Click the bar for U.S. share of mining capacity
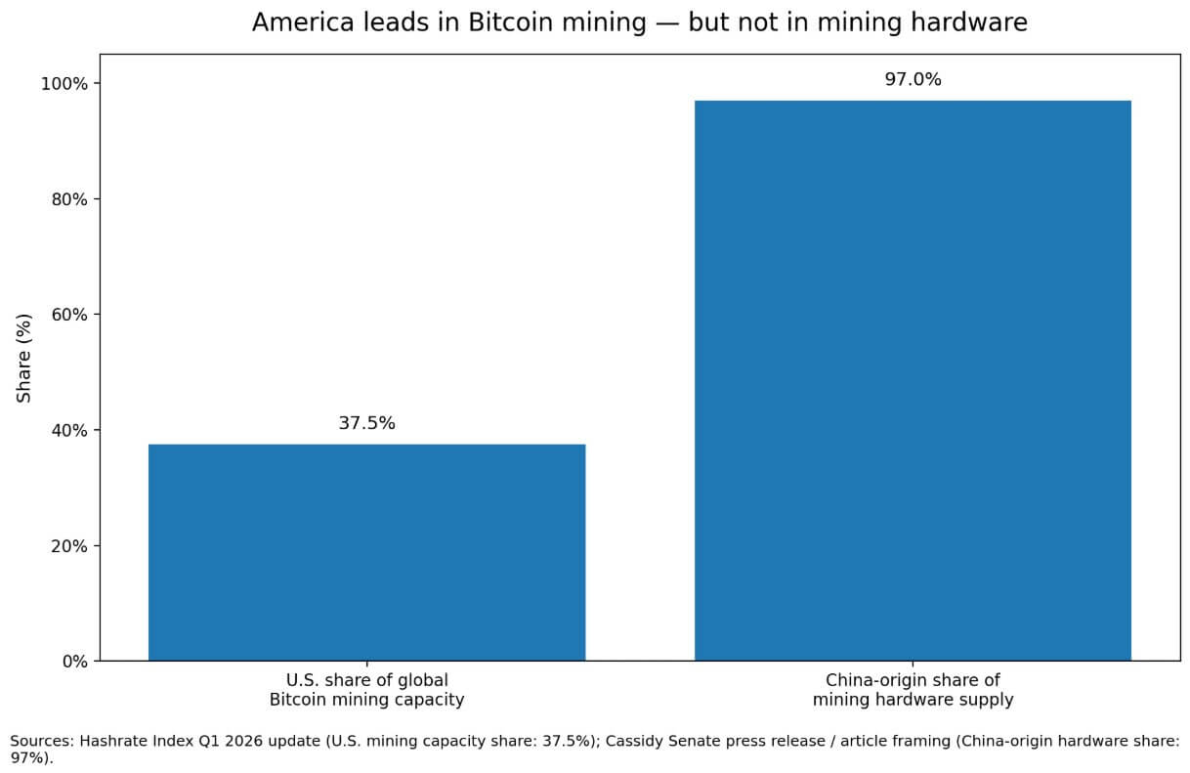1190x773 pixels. [366, 552]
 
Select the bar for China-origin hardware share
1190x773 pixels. [913, 380]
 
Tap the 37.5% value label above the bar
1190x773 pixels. [366, 423]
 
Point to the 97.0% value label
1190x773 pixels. [913, 80]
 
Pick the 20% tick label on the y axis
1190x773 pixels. [68, 546]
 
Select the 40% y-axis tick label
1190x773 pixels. [68, 431]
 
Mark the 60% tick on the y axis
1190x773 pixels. [68, 315]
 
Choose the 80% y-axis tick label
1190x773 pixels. [68, 199]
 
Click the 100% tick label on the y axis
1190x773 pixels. [64, 84]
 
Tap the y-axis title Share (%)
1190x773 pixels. [24, 358]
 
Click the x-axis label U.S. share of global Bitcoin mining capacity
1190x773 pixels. [366, 690]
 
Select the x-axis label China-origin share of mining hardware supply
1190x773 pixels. [913, 690]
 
